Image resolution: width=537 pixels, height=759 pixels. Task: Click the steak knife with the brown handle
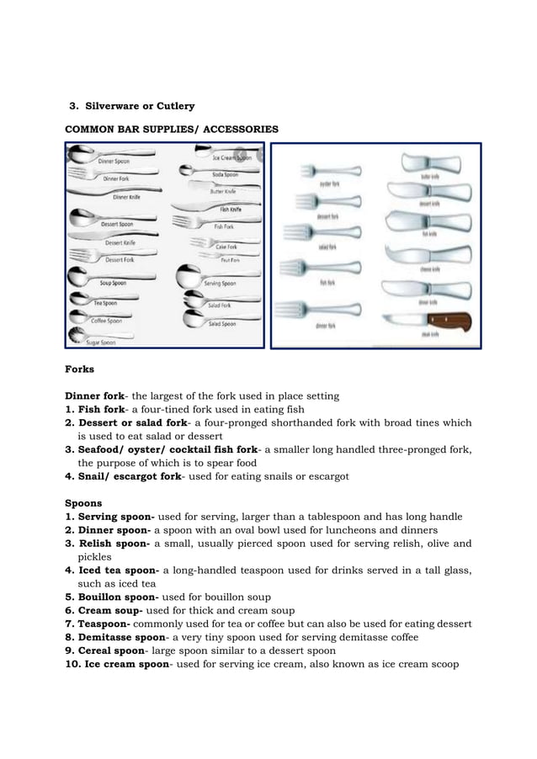tap(428, 321)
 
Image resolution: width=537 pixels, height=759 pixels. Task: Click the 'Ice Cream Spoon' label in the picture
tap(231, 157)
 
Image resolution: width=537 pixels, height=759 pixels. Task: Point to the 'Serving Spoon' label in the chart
tap(221, 284)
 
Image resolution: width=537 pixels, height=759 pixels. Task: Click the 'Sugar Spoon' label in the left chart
tap(100, 342)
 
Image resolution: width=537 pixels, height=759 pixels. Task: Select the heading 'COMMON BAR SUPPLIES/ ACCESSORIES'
tap(167, 129)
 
